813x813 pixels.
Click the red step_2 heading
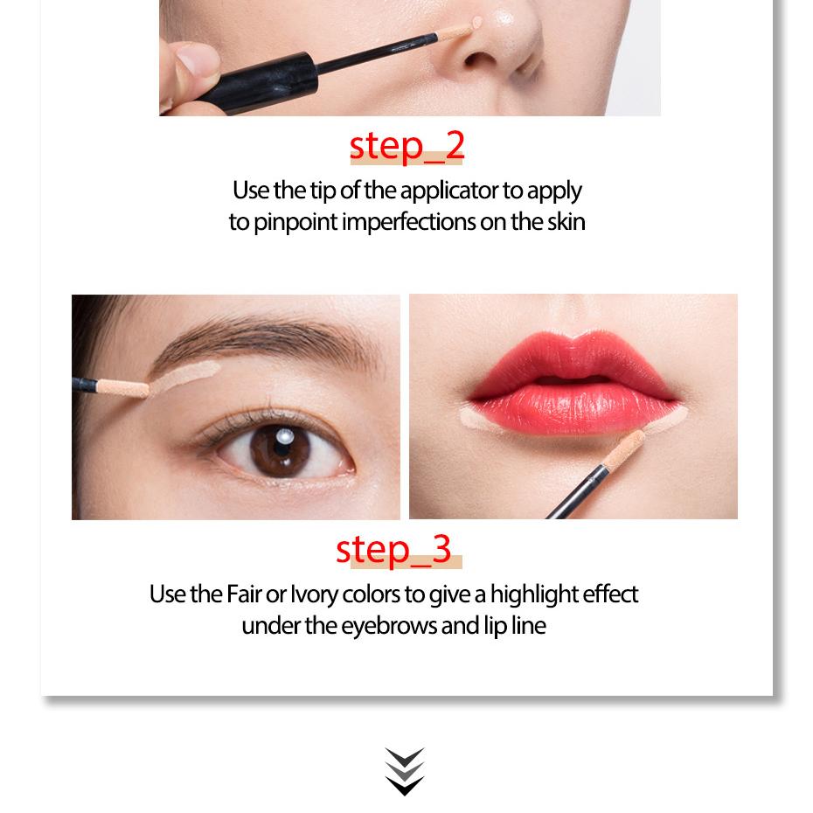[406, 146]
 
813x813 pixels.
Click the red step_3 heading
[394, 548]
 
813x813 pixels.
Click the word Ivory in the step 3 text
[314, 594]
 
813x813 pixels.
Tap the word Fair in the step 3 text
[244, 594]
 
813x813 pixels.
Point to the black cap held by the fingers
[261, 71]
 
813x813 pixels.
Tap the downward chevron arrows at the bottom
[405, 771]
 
